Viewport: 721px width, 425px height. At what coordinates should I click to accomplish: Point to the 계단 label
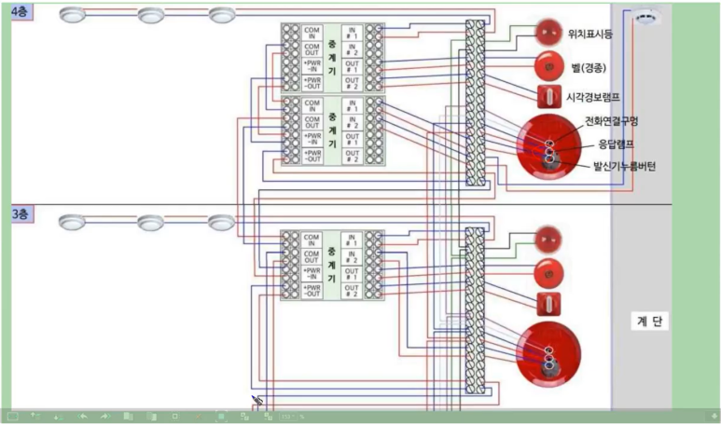(650, 321)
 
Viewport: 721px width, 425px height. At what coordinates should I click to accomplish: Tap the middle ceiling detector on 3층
(150, 222)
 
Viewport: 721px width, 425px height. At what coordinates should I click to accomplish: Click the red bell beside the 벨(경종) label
(548, 66)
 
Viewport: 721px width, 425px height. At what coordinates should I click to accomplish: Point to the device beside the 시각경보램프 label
(548, 96)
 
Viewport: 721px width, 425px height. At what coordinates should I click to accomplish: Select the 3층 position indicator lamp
(548, 240)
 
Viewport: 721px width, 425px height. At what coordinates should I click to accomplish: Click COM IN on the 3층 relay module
(312, 240)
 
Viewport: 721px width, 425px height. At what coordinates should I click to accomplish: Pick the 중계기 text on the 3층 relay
(332, 266)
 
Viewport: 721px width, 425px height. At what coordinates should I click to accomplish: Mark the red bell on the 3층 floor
(548, 273)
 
